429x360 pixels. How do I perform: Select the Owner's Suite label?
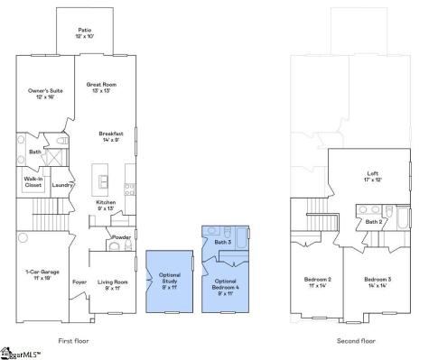point(42,93)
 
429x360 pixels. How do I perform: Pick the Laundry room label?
point(62,185)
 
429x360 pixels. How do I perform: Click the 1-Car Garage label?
point(41,273)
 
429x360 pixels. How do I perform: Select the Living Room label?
point(113,283)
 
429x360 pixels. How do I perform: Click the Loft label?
point(371,175)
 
